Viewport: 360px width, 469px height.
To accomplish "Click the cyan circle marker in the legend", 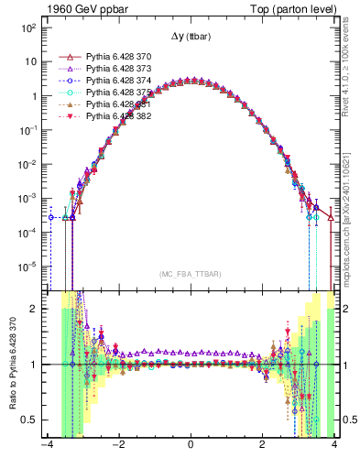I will coord(66,93).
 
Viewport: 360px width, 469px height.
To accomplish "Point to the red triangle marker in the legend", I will coord(66,56).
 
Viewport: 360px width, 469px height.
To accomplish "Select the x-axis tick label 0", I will coord(191,447).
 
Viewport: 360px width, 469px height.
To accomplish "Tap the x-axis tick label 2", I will coord(263,447).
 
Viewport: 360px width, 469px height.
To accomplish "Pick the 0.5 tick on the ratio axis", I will coord(27,420).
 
